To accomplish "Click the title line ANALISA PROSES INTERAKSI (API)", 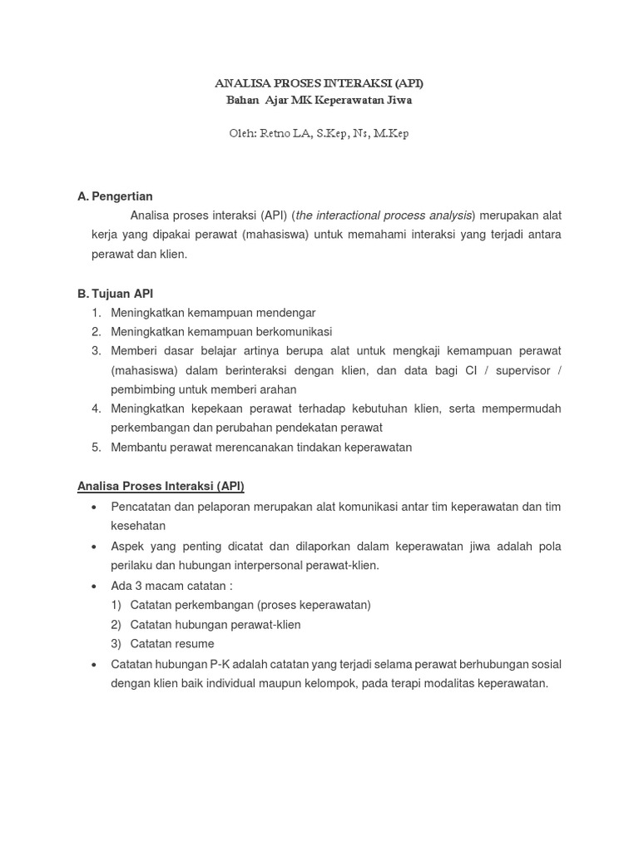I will pos(319,83).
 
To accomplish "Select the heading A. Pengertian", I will pos(115,196).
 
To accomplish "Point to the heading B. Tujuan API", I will pos(115,294).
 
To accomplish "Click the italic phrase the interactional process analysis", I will pos(384,215).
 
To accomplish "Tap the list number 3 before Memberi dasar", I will pos(97,351).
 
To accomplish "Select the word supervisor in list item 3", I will pos(523,370).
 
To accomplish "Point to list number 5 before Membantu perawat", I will pos(97,447).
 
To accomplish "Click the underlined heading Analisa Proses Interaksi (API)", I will pos(161,486).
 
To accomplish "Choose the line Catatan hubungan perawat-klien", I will pos(215,624).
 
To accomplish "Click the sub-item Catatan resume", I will pos(172,644).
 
